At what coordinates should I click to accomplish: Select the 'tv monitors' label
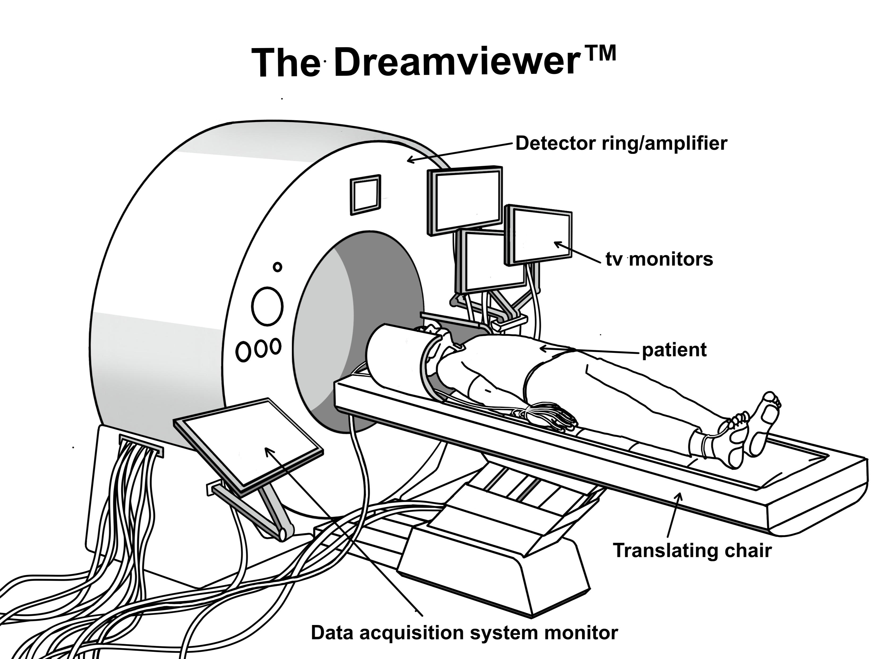click(659, 259)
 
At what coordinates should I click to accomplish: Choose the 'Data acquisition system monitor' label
click(464, 632)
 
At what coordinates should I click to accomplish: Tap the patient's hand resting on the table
click(556, 415)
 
